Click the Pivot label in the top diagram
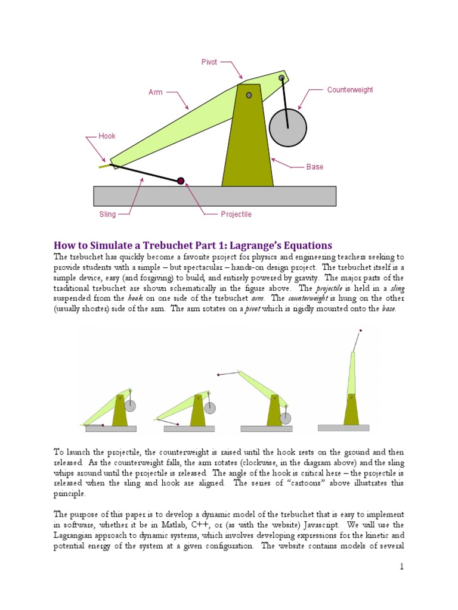(209, 61)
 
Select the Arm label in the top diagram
(156, 92)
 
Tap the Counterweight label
(350, 90)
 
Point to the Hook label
(107, 136)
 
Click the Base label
(315, 167)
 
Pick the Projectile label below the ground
(236, 214)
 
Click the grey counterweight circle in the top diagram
(287, 127)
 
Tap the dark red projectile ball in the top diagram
(181, 181)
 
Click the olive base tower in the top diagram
(247, 143)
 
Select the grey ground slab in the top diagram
(215, 196)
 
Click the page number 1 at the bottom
(402, 567)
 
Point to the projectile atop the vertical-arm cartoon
(360, 331)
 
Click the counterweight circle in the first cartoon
(130, 406)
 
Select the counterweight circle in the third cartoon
(286, 418)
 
